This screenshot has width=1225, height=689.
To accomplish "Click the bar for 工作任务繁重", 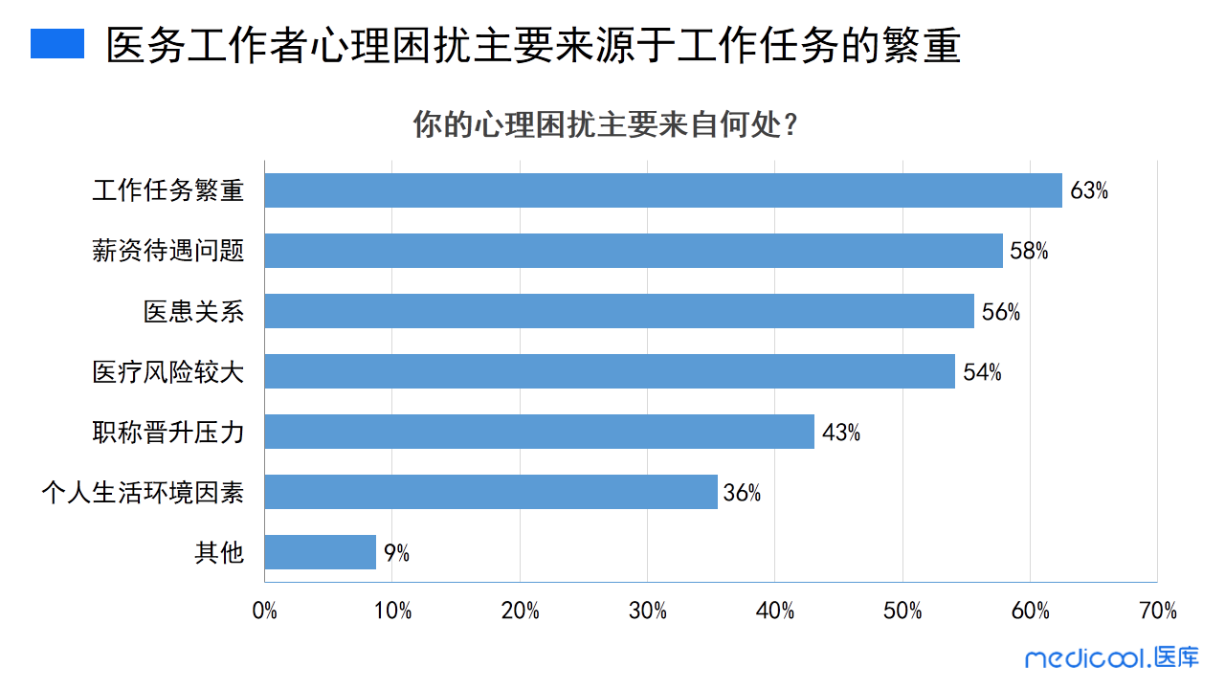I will point(663,190).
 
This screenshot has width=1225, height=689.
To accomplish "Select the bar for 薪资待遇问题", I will point(634,251).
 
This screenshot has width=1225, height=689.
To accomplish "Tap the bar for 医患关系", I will point(619,311).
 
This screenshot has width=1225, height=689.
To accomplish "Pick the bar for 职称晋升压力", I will point(539,432).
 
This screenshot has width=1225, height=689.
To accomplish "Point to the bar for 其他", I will point(321,552).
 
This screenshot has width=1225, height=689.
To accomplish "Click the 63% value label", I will point(1089,190).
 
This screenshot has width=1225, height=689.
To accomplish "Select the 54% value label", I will point(982,372).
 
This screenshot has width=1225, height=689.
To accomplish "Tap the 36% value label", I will point(742,493).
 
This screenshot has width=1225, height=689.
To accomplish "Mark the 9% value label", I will point(396,553).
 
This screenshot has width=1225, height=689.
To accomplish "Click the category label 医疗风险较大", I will point(168,372).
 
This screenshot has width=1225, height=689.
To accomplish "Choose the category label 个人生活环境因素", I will point(143,493).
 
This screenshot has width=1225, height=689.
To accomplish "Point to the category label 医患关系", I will point(194,312).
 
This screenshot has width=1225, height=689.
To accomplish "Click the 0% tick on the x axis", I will point(265,611).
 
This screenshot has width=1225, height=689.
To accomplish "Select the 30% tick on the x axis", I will point(648,611).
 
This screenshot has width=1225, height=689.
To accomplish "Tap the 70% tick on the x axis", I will point(1158,611).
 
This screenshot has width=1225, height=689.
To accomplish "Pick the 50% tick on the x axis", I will point(902,611).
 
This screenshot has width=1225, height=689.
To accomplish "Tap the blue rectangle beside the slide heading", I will point(57,44).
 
